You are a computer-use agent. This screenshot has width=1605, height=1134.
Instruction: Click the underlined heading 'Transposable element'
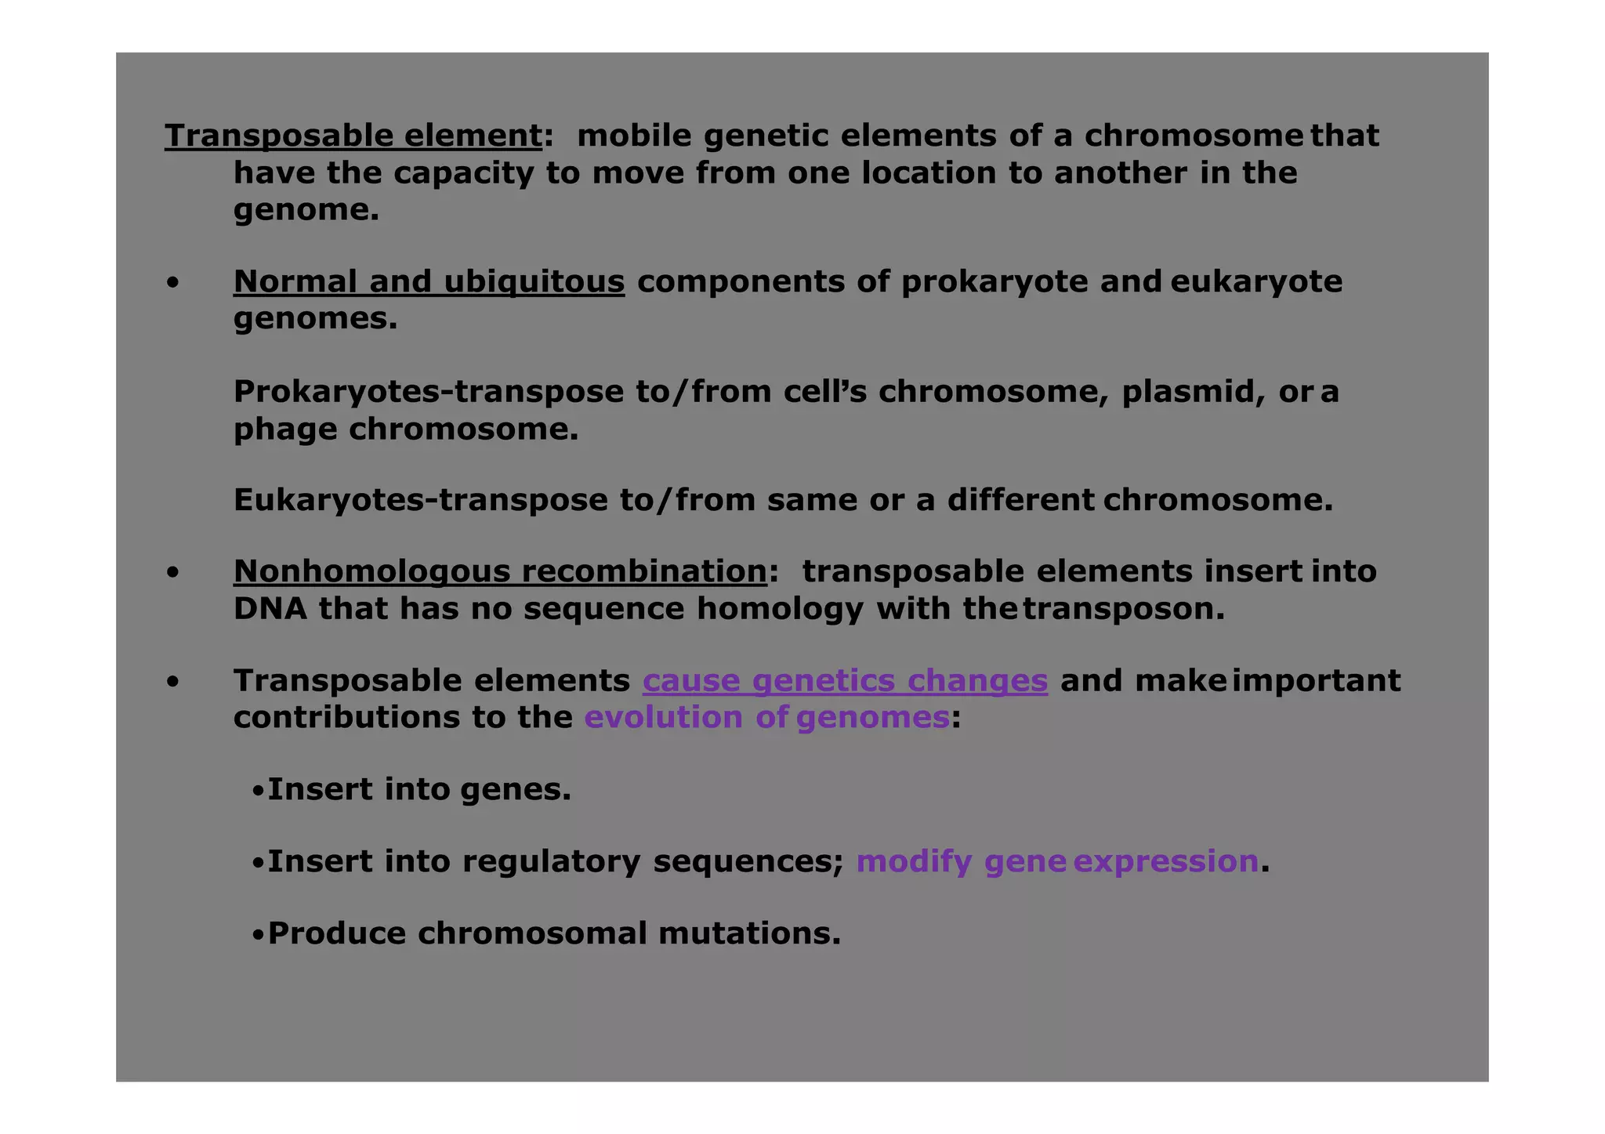pos(353,136)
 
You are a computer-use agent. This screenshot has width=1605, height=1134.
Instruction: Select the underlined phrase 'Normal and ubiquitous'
pos(429,282)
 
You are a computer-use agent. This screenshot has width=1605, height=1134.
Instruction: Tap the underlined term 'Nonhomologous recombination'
pos(500,572)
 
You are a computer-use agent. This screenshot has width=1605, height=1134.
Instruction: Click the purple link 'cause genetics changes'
pos(845,681)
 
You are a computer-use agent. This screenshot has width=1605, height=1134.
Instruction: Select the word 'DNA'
pos(270,609)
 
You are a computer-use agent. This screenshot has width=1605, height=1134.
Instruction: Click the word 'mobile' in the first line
pos(634,136)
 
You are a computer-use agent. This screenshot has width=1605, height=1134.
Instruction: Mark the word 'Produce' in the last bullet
pos(337,933)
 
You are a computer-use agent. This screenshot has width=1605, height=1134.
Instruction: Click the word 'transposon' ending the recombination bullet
pos(1122,609)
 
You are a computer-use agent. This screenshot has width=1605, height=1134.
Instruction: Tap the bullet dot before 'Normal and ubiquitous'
pos(172,282)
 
